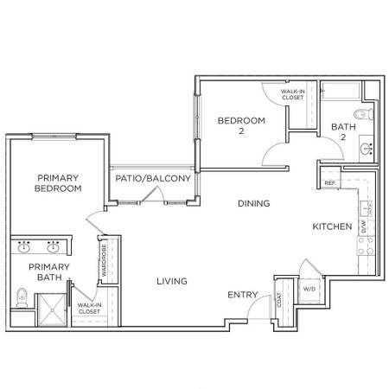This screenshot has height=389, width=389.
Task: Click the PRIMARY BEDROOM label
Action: [x=58, y=183]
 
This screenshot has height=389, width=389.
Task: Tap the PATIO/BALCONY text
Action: [x=153, y=178]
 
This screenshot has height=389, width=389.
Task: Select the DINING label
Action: [x=254, y=203]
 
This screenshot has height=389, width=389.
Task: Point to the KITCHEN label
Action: [x=332, y=226]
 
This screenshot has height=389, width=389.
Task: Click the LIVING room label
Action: [x=172, y=281]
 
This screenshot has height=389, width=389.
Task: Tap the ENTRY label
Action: [x=243, y=295]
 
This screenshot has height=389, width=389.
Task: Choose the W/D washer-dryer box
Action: [x=309, y=290]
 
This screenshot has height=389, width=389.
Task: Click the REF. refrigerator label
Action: [x=330, y=183]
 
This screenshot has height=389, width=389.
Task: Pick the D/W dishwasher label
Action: [x=364, y=226]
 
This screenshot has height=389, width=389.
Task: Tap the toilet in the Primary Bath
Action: [x=22, y=297]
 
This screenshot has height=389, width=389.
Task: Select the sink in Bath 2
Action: [x=367, y=149]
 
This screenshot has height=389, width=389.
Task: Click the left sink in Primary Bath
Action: [x=24, y=247]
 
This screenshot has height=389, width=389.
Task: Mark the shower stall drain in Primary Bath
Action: [x=52, y=310]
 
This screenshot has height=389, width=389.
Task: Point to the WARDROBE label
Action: [x=104, y=260]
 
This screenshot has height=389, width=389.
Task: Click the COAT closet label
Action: [x=279, y=300]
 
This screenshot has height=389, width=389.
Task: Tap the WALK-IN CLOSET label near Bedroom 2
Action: [x=293, y=94]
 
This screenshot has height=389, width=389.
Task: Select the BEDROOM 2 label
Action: [x=241, y=125]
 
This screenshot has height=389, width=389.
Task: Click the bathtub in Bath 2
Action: [x=341, y=91]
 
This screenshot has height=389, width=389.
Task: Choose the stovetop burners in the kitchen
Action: [x=366, y=246]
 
